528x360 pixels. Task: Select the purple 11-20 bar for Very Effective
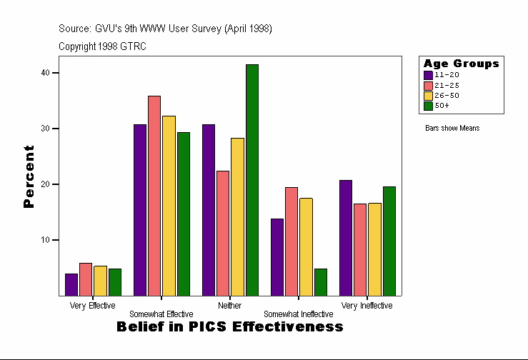(x=71, y=284)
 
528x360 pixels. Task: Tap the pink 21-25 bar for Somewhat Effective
(x=154, y=196)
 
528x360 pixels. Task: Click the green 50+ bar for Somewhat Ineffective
(x=321, y=282)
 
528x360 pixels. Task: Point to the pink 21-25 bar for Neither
(x=223, y=233)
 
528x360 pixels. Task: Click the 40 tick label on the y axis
(x=45, y=73)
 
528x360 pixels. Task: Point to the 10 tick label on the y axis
(x=45, y=240)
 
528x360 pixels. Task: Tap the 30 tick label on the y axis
(x=45, y=129)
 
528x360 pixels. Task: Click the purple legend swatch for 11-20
(x=428, y=74)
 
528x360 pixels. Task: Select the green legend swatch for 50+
(x=428, y=105)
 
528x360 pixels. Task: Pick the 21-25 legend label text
(x=447, y=85)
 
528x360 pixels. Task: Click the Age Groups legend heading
(x=461, y=64)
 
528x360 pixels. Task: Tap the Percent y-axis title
(x=29, y=176)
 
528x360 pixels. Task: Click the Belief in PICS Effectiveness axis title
(x=229, y=327)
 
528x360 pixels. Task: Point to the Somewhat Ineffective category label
(x=298, y=314)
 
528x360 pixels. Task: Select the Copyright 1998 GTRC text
(x=102, y=46)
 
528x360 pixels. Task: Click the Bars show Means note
(x=452, y=129)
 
